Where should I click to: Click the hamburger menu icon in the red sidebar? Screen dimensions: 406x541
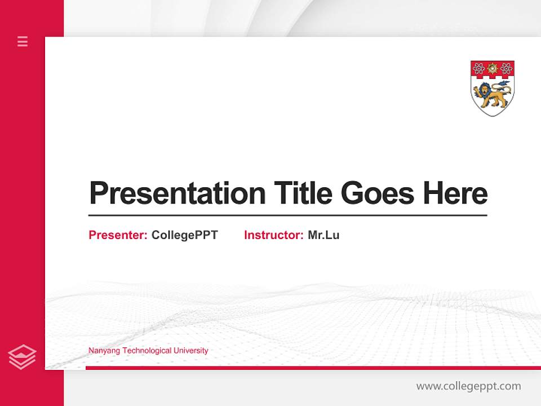pos(23,41)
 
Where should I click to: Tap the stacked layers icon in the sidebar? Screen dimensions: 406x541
pos(22,357)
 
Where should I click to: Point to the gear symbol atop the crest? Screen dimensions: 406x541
pos(493,68)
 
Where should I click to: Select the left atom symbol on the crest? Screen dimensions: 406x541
pos(479,69)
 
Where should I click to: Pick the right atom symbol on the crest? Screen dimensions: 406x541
pos(506,69)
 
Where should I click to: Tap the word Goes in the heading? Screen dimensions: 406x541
pos(378,193)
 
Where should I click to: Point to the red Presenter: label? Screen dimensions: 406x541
pos(118,235)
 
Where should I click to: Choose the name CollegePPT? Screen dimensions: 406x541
pos(184,235)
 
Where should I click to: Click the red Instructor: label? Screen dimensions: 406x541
pos(273,235)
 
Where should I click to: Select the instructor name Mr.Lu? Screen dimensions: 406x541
pos(323,235)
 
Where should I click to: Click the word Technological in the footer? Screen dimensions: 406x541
pos(147,351)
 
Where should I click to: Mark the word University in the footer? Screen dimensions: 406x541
pos(190,351)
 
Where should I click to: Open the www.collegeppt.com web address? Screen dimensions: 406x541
pos(468,386)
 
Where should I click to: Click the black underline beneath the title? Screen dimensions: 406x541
pos(287,215)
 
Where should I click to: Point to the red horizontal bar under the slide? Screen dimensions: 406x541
pos(313,368)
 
